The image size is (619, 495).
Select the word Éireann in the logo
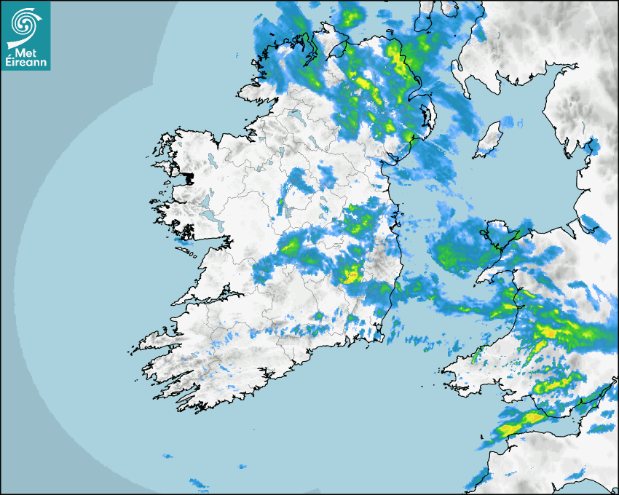(27, 63)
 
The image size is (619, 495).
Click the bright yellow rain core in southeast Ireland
(351, 275)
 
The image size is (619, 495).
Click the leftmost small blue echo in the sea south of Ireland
(167, 456)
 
